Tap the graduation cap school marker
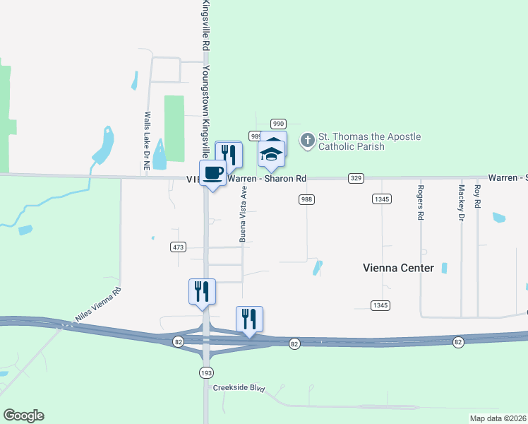pyautogui.click(x=271, y=154)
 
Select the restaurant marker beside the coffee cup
pyautogui.click(x=228, y=154)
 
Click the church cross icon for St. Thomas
pyautogui.click(x=307, y=141)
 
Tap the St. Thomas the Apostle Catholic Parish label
pyautogui.click(x=369, y=141)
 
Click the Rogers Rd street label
pyautogui.click(x=420, y=203)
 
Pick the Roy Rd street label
pyautogui.click(x=478, y=196)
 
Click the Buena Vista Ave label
pyautogui.click(x=244, y=214)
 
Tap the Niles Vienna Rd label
pyautogui.click(x=98, y=304)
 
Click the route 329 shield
pyautogui.click(x=356, y=178)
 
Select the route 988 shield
pyautogui.click(x=306, y=199)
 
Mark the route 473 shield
pyautogui.click(x=178, y=247)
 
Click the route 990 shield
pyautogui.click(x=278, y=123)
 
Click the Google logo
pyautogui.click(x=23, y=416)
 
